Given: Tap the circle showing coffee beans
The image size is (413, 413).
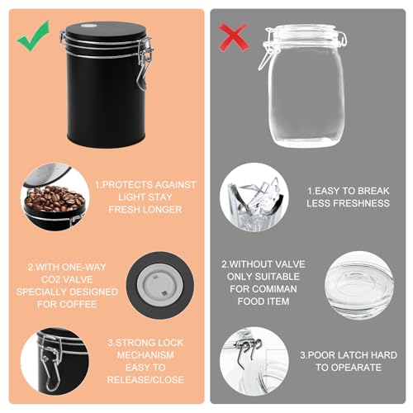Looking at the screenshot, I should click(x=51, y=197).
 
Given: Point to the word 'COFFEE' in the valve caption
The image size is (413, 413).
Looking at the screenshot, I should click(x=79, y=304).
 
